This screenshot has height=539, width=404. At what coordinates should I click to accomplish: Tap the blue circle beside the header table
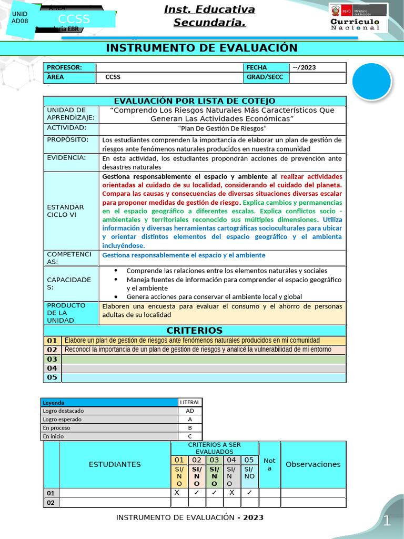pos(371,81)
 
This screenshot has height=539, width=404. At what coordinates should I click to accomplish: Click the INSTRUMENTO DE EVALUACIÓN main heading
pos(201,48)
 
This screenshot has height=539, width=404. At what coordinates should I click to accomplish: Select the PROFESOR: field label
pos(64,67)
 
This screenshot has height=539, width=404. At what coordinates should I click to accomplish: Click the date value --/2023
pos(304,67)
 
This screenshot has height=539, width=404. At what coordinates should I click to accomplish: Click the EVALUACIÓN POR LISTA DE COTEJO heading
pos(195,101)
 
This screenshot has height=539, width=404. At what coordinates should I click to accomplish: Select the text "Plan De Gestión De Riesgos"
pos(223,128)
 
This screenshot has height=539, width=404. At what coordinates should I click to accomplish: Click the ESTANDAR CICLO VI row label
pos(65,211)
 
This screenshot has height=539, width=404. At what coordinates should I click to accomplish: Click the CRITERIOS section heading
pos(195,331)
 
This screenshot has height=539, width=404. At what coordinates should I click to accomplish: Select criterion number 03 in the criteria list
pos(52,359)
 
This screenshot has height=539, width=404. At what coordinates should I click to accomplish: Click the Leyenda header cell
pos(54,402)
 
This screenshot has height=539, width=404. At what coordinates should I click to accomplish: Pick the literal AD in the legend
pos(190,411)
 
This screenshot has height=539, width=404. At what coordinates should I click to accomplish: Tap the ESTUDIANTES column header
pos(115,464)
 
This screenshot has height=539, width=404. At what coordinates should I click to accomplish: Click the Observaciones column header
pos(313,464)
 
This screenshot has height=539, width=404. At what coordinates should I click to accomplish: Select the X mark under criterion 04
pos(231,493)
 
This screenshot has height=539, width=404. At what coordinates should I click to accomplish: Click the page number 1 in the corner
pos(387,521)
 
